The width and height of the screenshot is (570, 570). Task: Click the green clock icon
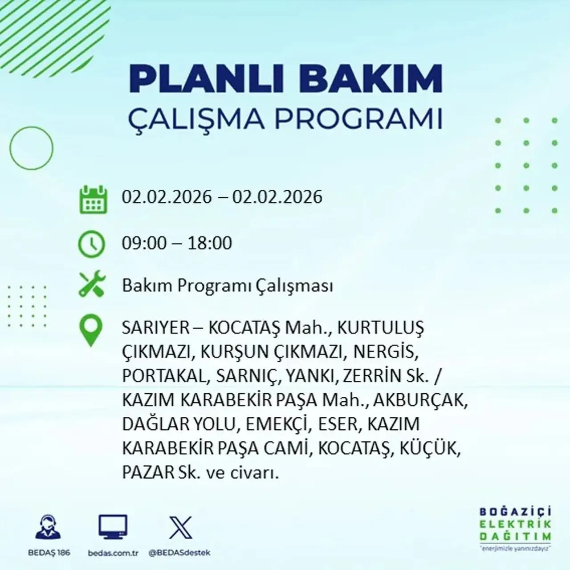tap(92, 244)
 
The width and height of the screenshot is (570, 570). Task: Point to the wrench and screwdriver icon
tap(92, 285)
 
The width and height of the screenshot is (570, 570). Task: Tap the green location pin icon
tap(90, 330)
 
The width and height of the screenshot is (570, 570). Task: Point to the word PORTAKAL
tap(163, 376)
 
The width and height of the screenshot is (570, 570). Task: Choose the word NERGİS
tap(386, 352)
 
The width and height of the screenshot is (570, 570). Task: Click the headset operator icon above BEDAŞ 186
tap(48, 528)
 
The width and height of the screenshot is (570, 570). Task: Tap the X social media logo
tap(181, 528)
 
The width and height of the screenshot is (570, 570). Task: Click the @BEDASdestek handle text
tap(179, 553)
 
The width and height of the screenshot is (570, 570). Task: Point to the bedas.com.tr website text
tap(113, 553)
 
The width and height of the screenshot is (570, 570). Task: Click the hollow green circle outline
tap(31, 147)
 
